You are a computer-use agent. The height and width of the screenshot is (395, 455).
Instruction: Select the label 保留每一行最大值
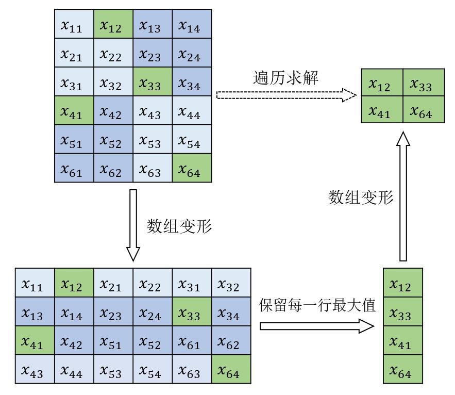(x=317, y=305)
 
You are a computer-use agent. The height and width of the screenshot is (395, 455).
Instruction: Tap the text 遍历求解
(x=286, y=78)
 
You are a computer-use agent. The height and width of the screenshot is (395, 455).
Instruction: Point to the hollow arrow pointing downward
(x=133, y=225)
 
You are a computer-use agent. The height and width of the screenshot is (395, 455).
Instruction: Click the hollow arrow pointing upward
(x=403, y=196)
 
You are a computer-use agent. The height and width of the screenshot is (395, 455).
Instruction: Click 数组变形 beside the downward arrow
(x=179, y=226)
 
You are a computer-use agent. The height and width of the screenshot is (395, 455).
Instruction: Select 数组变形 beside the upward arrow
(x=361, y=197)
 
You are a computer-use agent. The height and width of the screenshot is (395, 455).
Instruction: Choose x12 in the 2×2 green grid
(x=383, y=85)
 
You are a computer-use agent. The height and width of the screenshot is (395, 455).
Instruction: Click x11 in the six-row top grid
(x=74, y=25)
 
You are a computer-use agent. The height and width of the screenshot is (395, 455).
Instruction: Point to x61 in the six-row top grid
(x=74, y=169)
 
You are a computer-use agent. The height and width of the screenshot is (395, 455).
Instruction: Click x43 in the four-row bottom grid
(x=35, y=370)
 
